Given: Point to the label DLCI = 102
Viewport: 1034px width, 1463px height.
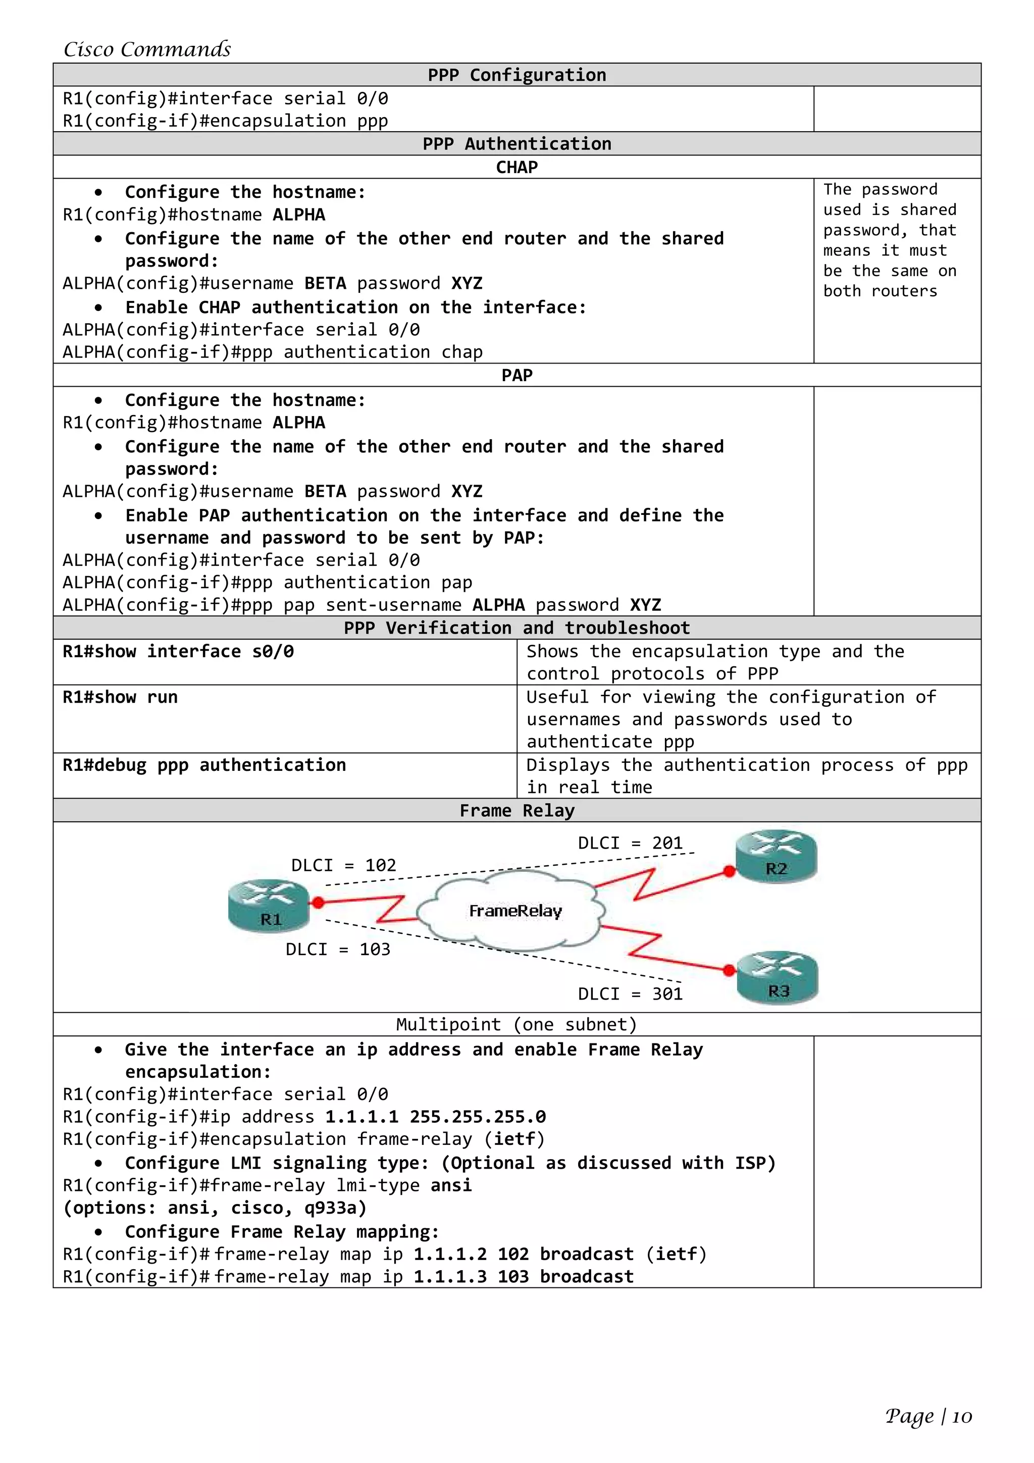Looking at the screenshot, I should [343, 865].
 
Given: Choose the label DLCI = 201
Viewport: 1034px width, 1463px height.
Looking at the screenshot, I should [630, 843].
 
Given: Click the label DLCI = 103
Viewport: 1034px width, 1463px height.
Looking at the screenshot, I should [338, 950].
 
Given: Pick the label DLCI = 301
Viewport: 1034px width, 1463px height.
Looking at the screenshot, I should [630, 994].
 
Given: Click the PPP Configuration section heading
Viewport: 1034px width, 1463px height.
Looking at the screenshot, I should [516, 75].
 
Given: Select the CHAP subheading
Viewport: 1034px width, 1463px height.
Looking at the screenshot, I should [516, 167].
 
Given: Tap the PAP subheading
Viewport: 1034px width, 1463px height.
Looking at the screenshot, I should [516, 375].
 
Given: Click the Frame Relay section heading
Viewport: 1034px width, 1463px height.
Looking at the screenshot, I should [516, 811].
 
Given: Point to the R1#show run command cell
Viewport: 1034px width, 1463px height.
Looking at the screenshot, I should [120, 697].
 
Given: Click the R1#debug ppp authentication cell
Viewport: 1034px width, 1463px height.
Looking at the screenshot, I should [204, 765].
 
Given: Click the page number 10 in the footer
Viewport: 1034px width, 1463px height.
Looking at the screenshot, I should [962, 1417].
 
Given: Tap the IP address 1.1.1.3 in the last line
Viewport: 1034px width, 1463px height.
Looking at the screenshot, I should [450, 1276].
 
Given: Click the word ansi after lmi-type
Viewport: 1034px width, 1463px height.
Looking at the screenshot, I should [451, 1185].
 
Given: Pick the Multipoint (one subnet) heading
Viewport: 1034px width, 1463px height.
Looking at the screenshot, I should [516, 1025].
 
